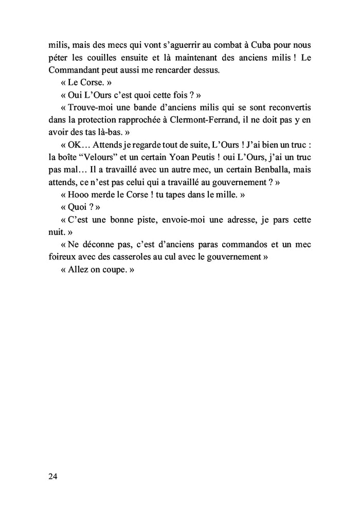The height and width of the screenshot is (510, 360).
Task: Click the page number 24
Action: (x=53, y=476)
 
